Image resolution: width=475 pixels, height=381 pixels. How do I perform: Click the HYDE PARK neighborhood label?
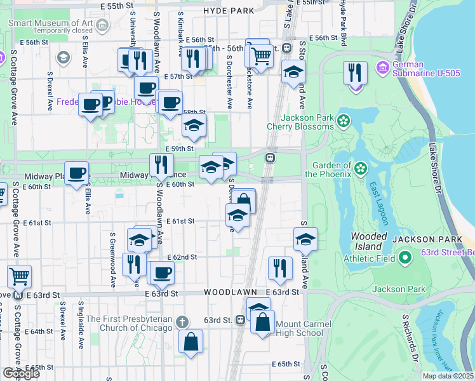pos(229,11)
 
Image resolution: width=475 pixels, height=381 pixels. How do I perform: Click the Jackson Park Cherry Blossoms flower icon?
pos(344,120)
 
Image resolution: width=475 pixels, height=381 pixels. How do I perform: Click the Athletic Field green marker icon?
pos(405,258)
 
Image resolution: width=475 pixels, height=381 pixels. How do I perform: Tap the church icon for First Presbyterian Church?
pos(183,322)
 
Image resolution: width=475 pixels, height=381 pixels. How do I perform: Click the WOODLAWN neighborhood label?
pos(229,292)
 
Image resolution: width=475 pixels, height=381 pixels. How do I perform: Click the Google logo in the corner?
pos(21,373)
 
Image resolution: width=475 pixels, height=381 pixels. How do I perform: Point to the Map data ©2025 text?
pos(448,376)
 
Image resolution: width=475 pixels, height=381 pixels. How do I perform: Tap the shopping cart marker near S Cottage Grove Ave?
pos(19,277)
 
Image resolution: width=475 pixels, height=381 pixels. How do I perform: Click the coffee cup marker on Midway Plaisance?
pos(77,173)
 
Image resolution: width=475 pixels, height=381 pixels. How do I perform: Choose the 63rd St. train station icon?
pos(241,319)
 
